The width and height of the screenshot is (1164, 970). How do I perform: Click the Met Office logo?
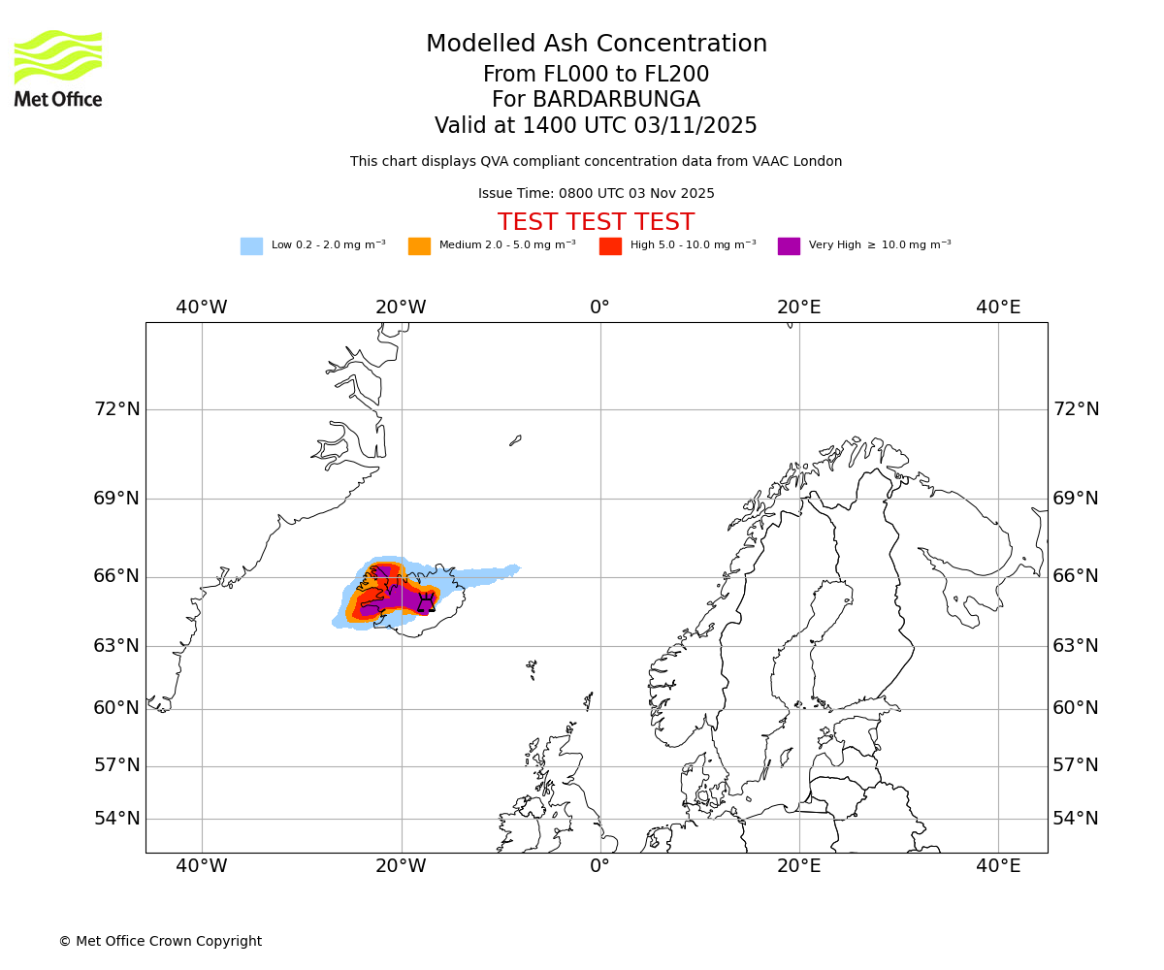point(58,68)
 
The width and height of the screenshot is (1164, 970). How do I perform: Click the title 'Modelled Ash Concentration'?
point(596,44)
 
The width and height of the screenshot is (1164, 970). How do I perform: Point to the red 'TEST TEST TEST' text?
point(596,222)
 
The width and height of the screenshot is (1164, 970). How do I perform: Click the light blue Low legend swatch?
point(251,245)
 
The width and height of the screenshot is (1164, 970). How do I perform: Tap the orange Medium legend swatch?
point(419,245)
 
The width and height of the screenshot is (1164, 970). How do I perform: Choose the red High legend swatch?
point(610,245)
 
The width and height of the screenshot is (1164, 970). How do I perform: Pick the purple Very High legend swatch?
point(789,245)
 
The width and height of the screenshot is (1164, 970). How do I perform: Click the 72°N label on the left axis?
point(116,409)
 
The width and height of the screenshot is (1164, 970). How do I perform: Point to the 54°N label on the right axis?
point(1076,819)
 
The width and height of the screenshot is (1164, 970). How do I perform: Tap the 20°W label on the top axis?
point(401,307)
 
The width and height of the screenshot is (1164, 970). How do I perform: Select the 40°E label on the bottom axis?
point(998,865)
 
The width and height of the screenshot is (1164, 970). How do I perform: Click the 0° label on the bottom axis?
point(600,865)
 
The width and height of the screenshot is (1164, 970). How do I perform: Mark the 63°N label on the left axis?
point(116,646)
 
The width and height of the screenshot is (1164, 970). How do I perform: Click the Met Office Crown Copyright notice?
point(160,941)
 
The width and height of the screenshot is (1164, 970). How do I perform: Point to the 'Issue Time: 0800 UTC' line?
point(596,193)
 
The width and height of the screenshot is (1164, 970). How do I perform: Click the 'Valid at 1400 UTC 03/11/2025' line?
point(596,126)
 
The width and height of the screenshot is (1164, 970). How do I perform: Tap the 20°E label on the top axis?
point(799,307)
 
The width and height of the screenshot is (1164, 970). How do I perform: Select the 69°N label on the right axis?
point(1076,499)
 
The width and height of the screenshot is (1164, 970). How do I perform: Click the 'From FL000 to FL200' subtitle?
point(596,75)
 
